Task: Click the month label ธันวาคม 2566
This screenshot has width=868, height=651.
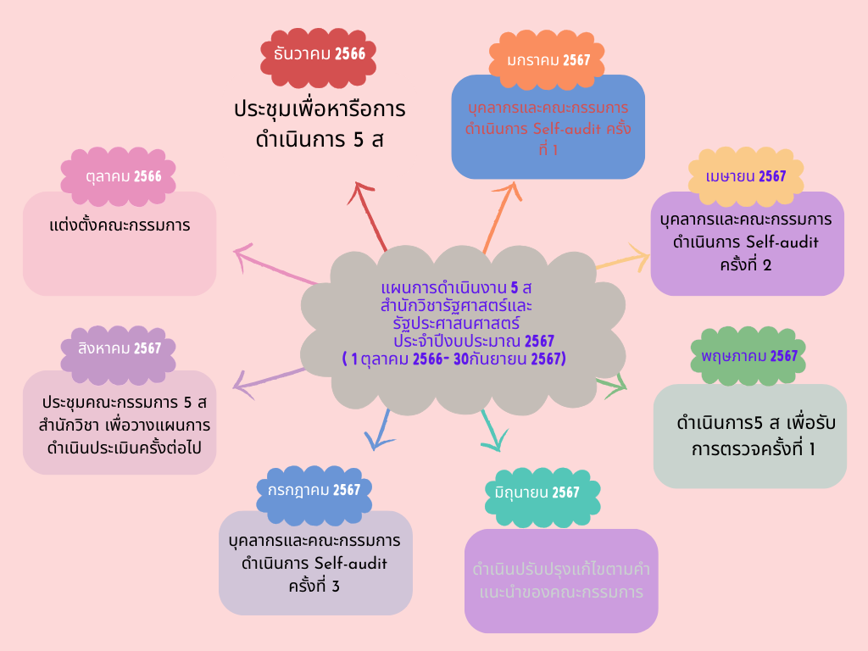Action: (320, 53)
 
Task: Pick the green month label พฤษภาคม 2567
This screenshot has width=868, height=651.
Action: (749, 356)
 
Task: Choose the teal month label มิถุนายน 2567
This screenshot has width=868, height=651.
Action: (542, 492)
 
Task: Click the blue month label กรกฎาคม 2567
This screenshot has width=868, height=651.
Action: (313, 490)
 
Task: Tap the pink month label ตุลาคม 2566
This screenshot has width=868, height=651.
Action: (118, 176)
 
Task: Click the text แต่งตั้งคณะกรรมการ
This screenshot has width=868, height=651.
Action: (119, 225)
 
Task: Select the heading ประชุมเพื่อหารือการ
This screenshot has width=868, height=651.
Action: (320, 110)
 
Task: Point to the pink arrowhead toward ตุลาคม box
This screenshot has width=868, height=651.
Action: (243, 255)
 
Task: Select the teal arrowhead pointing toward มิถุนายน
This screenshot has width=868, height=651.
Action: (495, 441)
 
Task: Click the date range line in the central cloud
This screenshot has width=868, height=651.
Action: (453, 359)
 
